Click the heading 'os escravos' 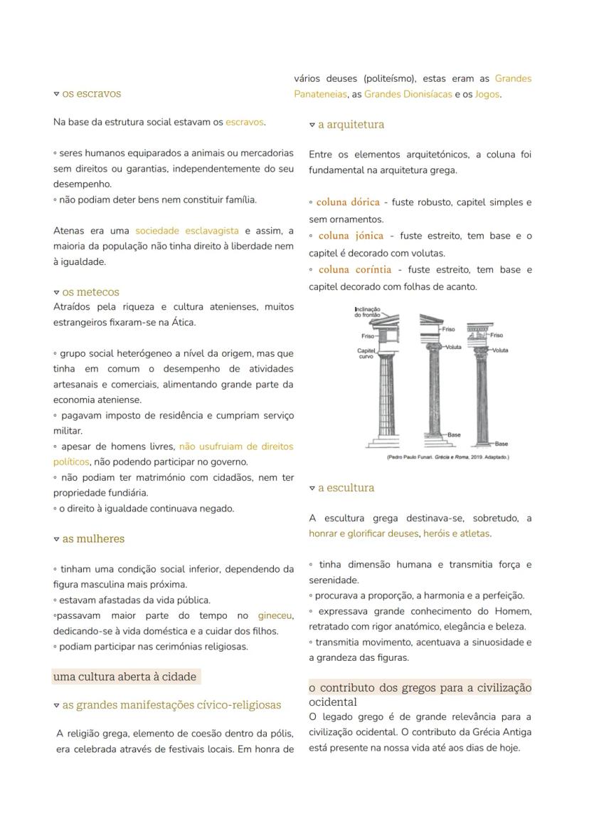pyautogui.click(x=91, y=93)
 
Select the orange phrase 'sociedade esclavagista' pyautogui.click(x=186, y=231)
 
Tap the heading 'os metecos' pyautogui.click(x=90, y=292)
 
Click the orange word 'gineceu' pyautogui.click(x=275, y=615)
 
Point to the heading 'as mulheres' pyautogui.click(x=92, y=539)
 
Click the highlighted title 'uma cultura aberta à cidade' pyautogui.click(x=124, y=677)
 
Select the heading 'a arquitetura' pyautogui.click(x=351, y=125)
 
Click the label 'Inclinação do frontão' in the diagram pyautogui.click(x=367, y=312)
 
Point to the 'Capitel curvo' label pyautogui.click(x=366, y=353)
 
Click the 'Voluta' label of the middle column pyautogui.click(x=452, y=347)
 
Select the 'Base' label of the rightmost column pyautogui.click(x=502, y=443)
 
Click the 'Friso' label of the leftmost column pyautogui.click(x=368, y=335)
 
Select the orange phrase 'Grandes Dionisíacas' pyautogui.click(x=408, y=94)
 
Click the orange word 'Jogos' pyautogui.click(x=487, y=94)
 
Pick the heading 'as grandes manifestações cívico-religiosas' pyautogui.click(x=171, y=705)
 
